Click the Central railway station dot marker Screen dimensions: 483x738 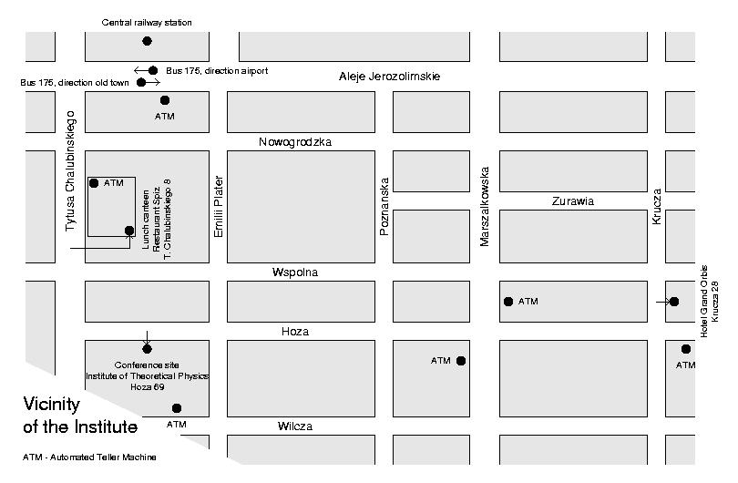pos(147,41)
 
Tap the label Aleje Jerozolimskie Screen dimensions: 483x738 pos(389,77)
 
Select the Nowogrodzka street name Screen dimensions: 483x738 pos(295,142)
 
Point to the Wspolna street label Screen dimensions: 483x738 pos(295,272)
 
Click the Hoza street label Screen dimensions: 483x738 pos(295,332)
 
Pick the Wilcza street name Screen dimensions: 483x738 pos(295,426)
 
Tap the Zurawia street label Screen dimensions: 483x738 pos(572,201)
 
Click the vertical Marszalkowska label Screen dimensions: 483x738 pos(486,206)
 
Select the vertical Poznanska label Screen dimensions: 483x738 pos(384,207)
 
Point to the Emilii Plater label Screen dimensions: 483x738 pos(219,207)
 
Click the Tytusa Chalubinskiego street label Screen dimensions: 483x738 pos(71,170)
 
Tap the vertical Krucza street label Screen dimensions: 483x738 pos(656,207)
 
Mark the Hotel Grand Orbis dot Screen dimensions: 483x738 pos(674,302)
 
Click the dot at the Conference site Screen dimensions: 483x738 pos(147,348)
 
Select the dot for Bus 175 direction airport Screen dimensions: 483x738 pos(153,70)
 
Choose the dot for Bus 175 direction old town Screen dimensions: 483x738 pos(141,83)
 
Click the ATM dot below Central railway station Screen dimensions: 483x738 pos(165,100)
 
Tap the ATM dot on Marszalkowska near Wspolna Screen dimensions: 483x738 pos(508,302)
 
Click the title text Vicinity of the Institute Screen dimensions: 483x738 pos(79,415)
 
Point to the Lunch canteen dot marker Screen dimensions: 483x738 pos(129,231)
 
